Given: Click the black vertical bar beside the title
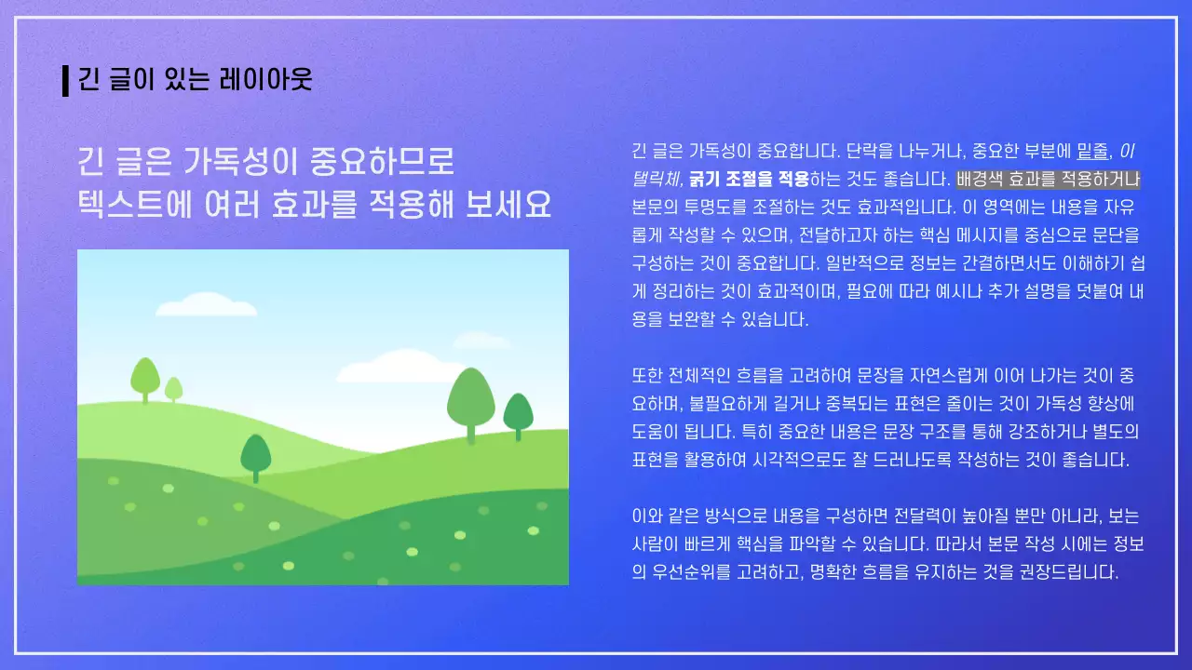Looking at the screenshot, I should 65,81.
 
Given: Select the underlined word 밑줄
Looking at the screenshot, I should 1093,151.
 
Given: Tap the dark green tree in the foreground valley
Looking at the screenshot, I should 255,454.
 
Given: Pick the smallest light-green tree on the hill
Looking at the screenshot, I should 173,389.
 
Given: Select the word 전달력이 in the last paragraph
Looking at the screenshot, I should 927,516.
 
